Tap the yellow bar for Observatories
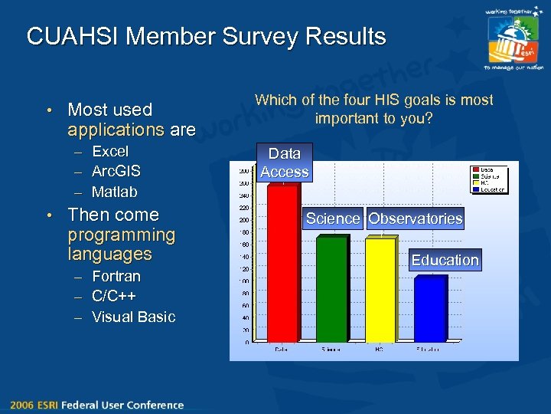click(x=380, y=291)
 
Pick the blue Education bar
click(x=429, y=310)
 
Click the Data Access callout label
click(x=284, y=163)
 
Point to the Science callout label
click(x=332, y=219)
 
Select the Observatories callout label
click(x=415, y=219)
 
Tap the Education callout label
click(x=445, y=260)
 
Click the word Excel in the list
click(x=110, y=152)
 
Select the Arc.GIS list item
click(x=116, y=172)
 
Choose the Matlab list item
click(x=114, y=192)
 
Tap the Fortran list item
click(x=116, y=276)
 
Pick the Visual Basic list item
click(x=133, y=317)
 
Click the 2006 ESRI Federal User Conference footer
click(x=97, y=405)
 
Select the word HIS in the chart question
click(x=399, y=100)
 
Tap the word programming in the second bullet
click(x=121, y=235)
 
